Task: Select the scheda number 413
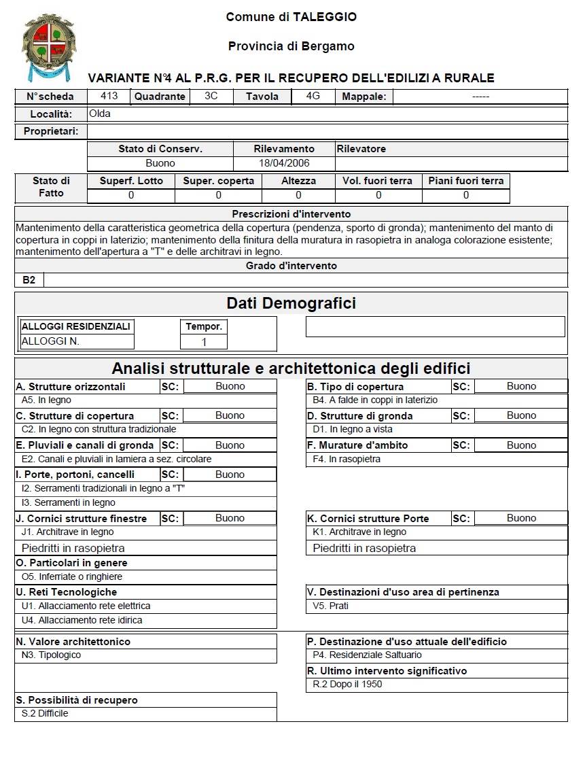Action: (109, 96)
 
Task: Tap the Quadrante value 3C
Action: (211, 96)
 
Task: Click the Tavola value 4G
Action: (313, 96)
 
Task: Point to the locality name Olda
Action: (100, 114)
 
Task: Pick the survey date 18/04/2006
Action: (284, 163)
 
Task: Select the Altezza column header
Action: (298, 181)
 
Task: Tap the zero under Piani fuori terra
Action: (465, 195)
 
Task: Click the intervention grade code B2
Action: (29, 280)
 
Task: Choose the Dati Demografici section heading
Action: (291, 303)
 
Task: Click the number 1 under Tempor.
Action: (204, 342)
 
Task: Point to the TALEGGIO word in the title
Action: (325, 17)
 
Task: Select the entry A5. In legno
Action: (46, 400)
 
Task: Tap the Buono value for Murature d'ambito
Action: (521, 445)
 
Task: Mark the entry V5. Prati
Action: (330, 606)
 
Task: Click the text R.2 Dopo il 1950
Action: (347, 685)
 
